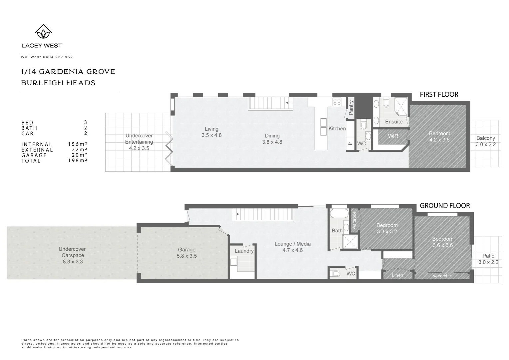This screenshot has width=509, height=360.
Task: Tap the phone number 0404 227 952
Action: pos(58,57)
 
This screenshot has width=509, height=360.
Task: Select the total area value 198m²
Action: pos(77,161)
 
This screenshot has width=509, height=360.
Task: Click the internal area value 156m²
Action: pos(77,144)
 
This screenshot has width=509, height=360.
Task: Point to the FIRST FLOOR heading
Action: pos(439,95)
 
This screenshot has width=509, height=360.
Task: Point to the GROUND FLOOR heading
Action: pos(444,206)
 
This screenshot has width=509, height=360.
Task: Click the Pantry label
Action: pos(351,108)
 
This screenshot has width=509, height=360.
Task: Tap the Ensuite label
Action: pos(394,122)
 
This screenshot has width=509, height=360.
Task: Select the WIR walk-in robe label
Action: pos(393,136)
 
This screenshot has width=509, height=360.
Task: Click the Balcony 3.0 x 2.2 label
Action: pos(485,141)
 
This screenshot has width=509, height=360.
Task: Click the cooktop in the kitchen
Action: pos(337,102)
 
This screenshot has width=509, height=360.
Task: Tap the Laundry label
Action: pos(244,251)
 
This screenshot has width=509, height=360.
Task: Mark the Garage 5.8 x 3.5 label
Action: pos(187,253)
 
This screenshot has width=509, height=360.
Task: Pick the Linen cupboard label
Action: pos(397,275)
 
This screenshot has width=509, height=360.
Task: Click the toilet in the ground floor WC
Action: pos(335,274)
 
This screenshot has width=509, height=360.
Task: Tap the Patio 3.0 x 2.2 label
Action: pos(488,259)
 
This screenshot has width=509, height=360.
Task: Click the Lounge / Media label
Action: pos(292,247)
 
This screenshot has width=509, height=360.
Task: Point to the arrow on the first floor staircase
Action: pos(289,104)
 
